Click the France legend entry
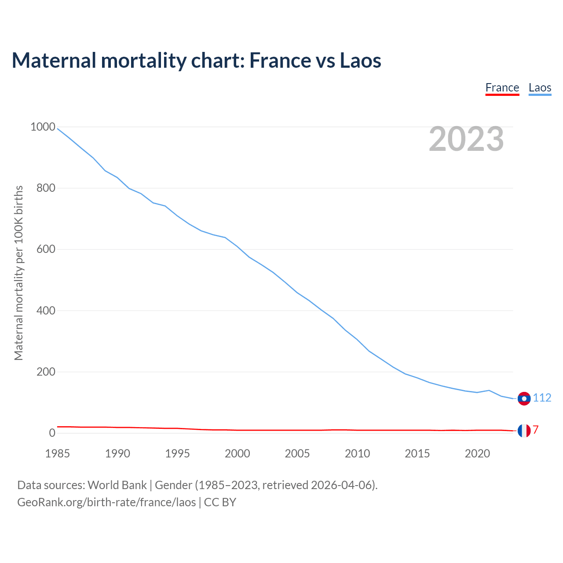502,88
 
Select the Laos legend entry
540,88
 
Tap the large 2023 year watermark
466,139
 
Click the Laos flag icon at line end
524,398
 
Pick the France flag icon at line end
524,430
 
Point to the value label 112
542,398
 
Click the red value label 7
536,430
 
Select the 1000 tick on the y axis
43,127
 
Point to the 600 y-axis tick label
46,249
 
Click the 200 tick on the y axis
46,372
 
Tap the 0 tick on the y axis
52,433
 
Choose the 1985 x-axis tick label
58,453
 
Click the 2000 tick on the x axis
238,453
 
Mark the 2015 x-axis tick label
417,453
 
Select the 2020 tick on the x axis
477,453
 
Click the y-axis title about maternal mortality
18,273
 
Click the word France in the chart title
280,60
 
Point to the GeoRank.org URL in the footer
106,502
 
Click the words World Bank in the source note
117,485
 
